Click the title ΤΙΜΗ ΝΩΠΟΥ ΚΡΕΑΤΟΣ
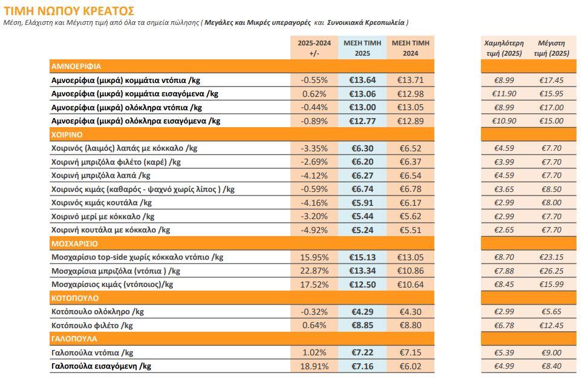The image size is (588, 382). (70, 10)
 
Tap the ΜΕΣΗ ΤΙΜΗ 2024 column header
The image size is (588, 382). (410, 48)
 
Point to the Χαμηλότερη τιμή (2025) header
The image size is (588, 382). (503, 48)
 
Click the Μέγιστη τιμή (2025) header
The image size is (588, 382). (551, 48)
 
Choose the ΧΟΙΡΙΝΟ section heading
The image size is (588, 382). (67, 134)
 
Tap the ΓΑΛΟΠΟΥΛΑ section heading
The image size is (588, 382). (74, 339)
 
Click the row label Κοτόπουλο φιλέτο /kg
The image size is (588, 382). (92, 326)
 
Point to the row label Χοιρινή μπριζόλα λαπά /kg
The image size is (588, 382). (101, 176)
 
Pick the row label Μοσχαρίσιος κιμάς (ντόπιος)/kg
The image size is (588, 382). (113, 285)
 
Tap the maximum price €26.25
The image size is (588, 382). (551, 271)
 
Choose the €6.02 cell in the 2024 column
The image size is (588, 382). (410, 366)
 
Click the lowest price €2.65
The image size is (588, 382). (503, 230)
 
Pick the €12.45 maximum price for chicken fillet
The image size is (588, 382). (551, 326)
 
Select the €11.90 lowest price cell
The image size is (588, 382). (503, 94)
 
